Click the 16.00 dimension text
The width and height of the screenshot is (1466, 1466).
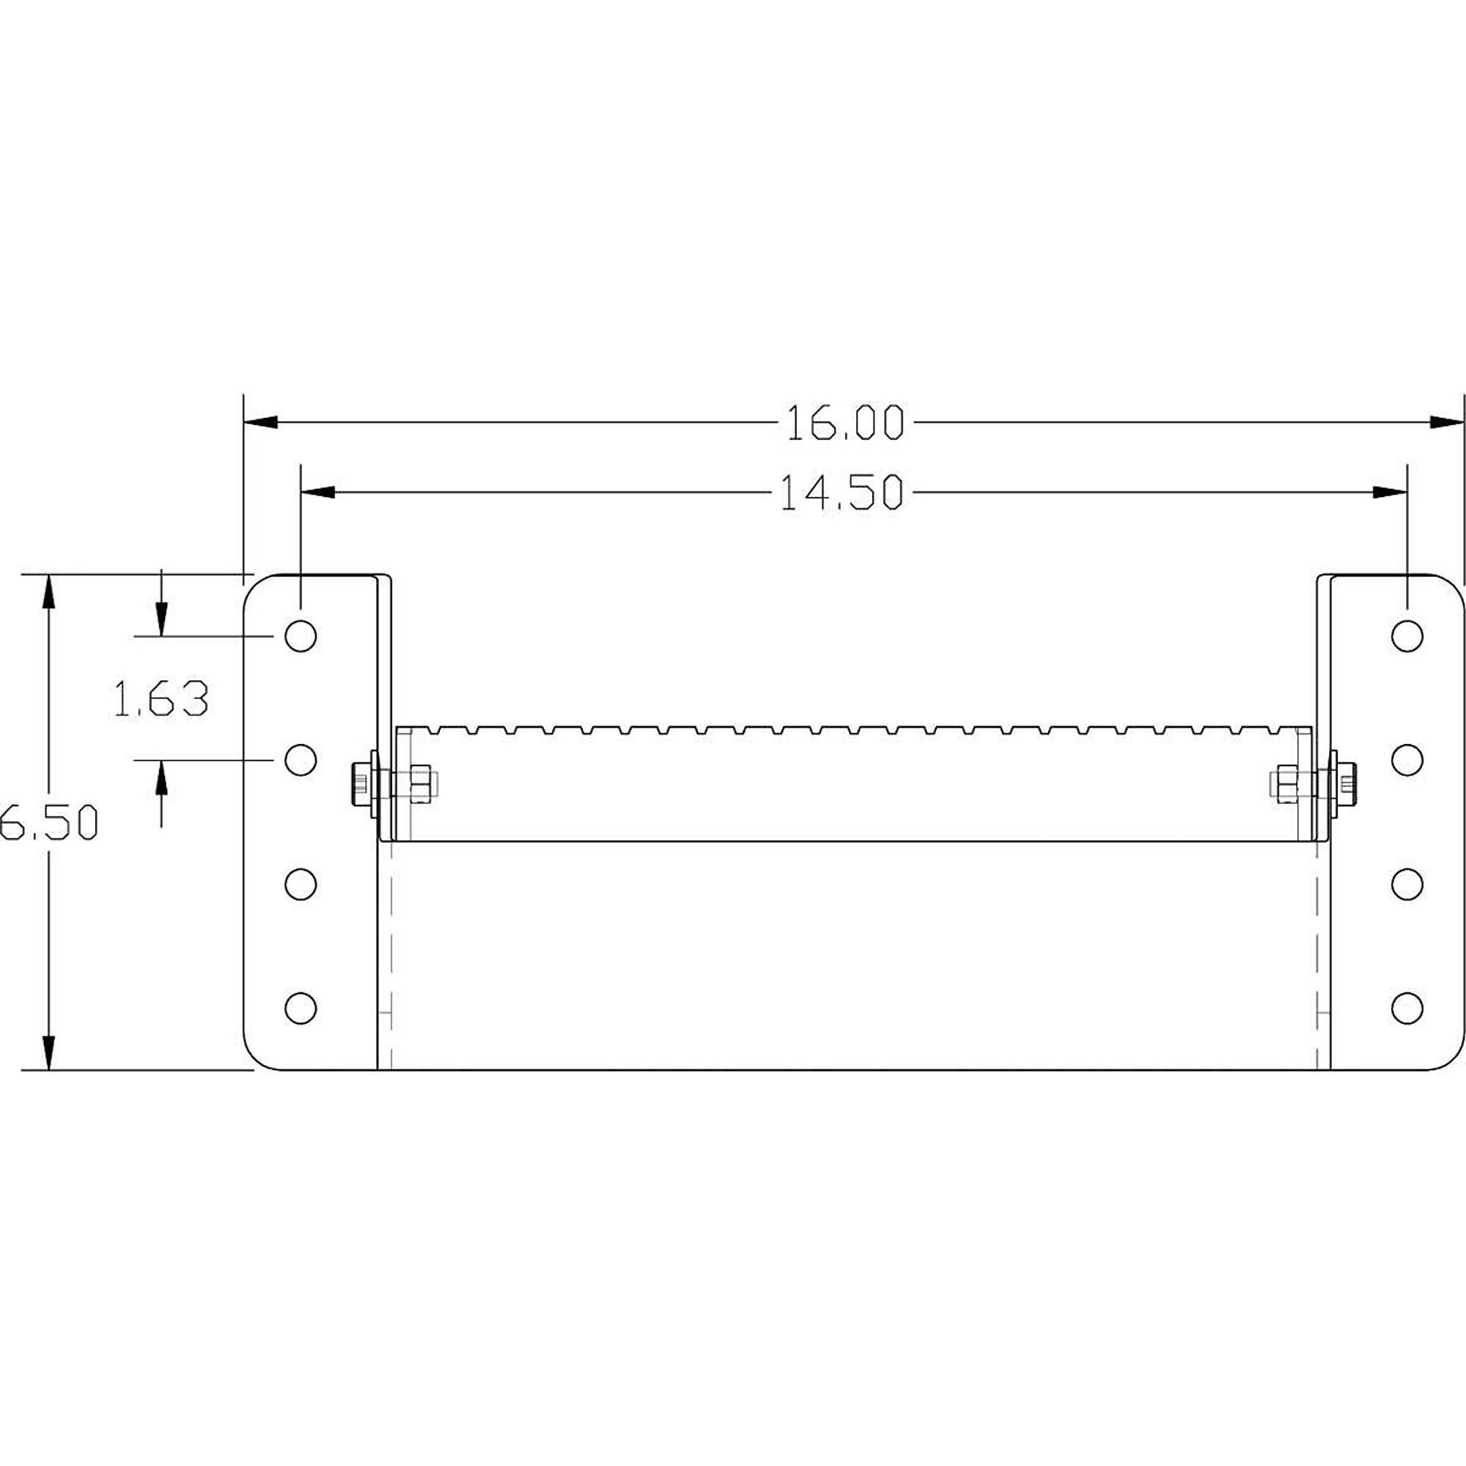tap(844, 424)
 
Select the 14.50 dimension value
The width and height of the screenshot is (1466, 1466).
tap(842, 493)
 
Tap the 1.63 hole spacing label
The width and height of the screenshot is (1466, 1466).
tap(161, 699)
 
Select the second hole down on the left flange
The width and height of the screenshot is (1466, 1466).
tap(301, 759)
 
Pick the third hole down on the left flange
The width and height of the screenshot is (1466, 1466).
tap(301, 884)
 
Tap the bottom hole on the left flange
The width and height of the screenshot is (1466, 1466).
tap(301, 1008)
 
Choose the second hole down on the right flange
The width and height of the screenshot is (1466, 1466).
tap(1407, 759)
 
